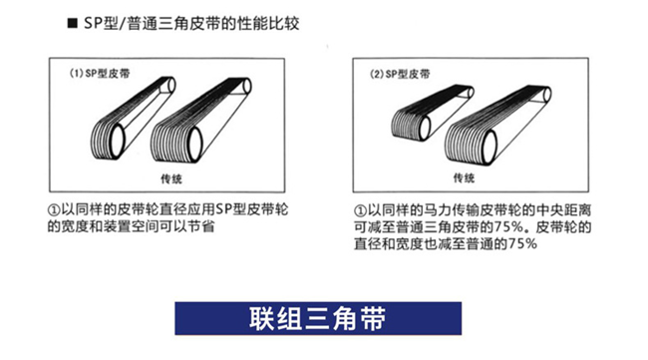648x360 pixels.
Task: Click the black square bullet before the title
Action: pyautogui.click(x=73, y=23)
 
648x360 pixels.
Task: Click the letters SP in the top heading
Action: pyautogui.click(x=93, y=23)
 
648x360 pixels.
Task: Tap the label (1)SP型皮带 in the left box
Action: pyautogui.click(x=100, y=74)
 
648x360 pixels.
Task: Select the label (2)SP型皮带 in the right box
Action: pyautogui.click(x=400, y=74)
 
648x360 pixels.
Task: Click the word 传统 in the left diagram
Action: pyautogui.click(x=171, y=179)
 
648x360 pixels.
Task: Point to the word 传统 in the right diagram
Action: pyautogui.click(x=465, y=179)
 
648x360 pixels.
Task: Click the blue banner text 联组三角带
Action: pyautogui.click(x=318, y=318)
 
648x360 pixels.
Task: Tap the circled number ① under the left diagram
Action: pyautogui.click(x=54, y=210)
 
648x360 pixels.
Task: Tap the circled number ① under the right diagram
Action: pyautogui.click(x=360, y=210)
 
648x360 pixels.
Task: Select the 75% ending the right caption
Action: pyautogui.click(x=522, y=244)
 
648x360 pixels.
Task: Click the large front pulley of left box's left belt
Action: pyautogui.click(x=117, y=141)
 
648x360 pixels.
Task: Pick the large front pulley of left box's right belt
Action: pyautogui.click(x=194, y=145)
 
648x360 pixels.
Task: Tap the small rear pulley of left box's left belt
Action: pyautogui.click(x=171, y=85)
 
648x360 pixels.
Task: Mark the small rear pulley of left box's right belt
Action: pyautogui.click(x=247, y=87)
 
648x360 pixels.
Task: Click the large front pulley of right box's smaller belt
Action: pyautogui.click(x=425, y=128)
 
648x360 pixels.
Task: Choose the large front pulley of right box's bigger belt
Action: pyautogui.click(x=489, y=148)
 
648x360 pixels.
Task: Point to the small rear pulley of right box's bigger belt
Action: pyautogui.click(x=547, y=95)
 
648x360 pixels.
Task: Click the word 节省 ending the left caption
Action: pyautogui.click(x=202, y=226)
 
